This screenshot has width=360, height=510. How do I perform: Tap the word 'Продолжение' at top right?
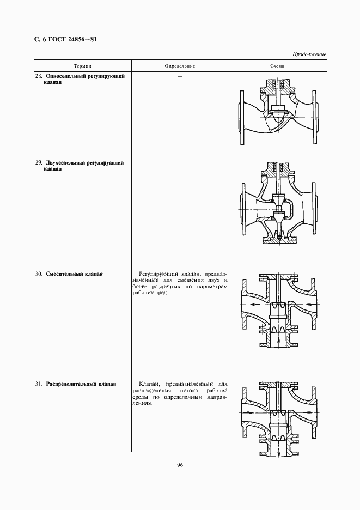pos(309,54)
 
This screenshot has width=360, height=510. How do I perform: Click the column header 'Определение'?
pos(180,66)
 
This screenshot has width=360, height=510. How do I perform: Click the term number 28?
pos(39,76)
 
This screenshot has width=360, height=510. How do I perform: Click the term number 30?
pos(39,274)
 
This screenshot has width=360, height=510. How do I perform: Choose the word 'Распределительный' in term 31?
pos(71,384)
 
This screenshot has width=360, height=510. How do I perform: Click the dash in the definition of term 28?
pos(179,76)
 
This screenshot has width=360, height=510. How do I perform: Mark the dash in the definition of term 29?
pos(179,163)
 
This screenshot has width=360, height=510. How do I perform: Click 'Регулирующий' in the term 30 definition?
pos(156,274)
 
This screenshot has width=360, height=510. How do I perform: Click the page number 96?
pos(180,465)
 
